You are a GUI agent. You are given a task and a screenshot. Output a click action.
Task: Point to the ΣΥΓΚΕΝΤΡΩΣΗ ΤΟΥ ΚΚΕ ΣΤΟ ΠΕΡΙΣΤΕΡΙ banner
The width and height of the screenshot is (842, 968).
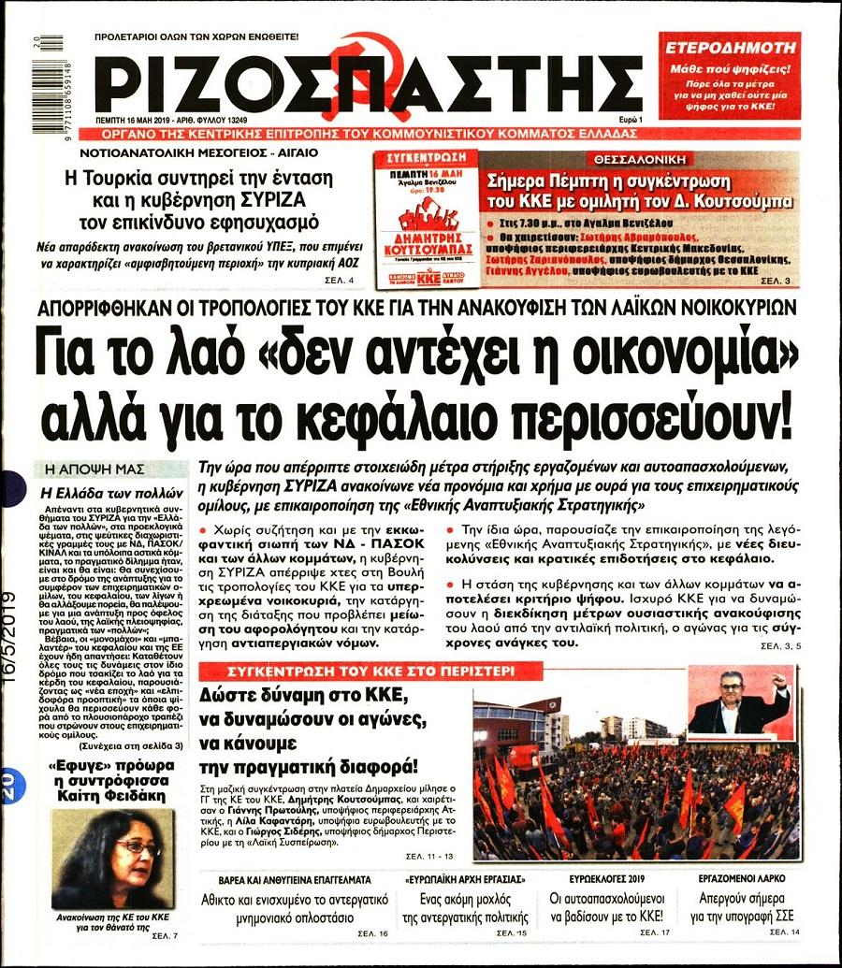point(370,671)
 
